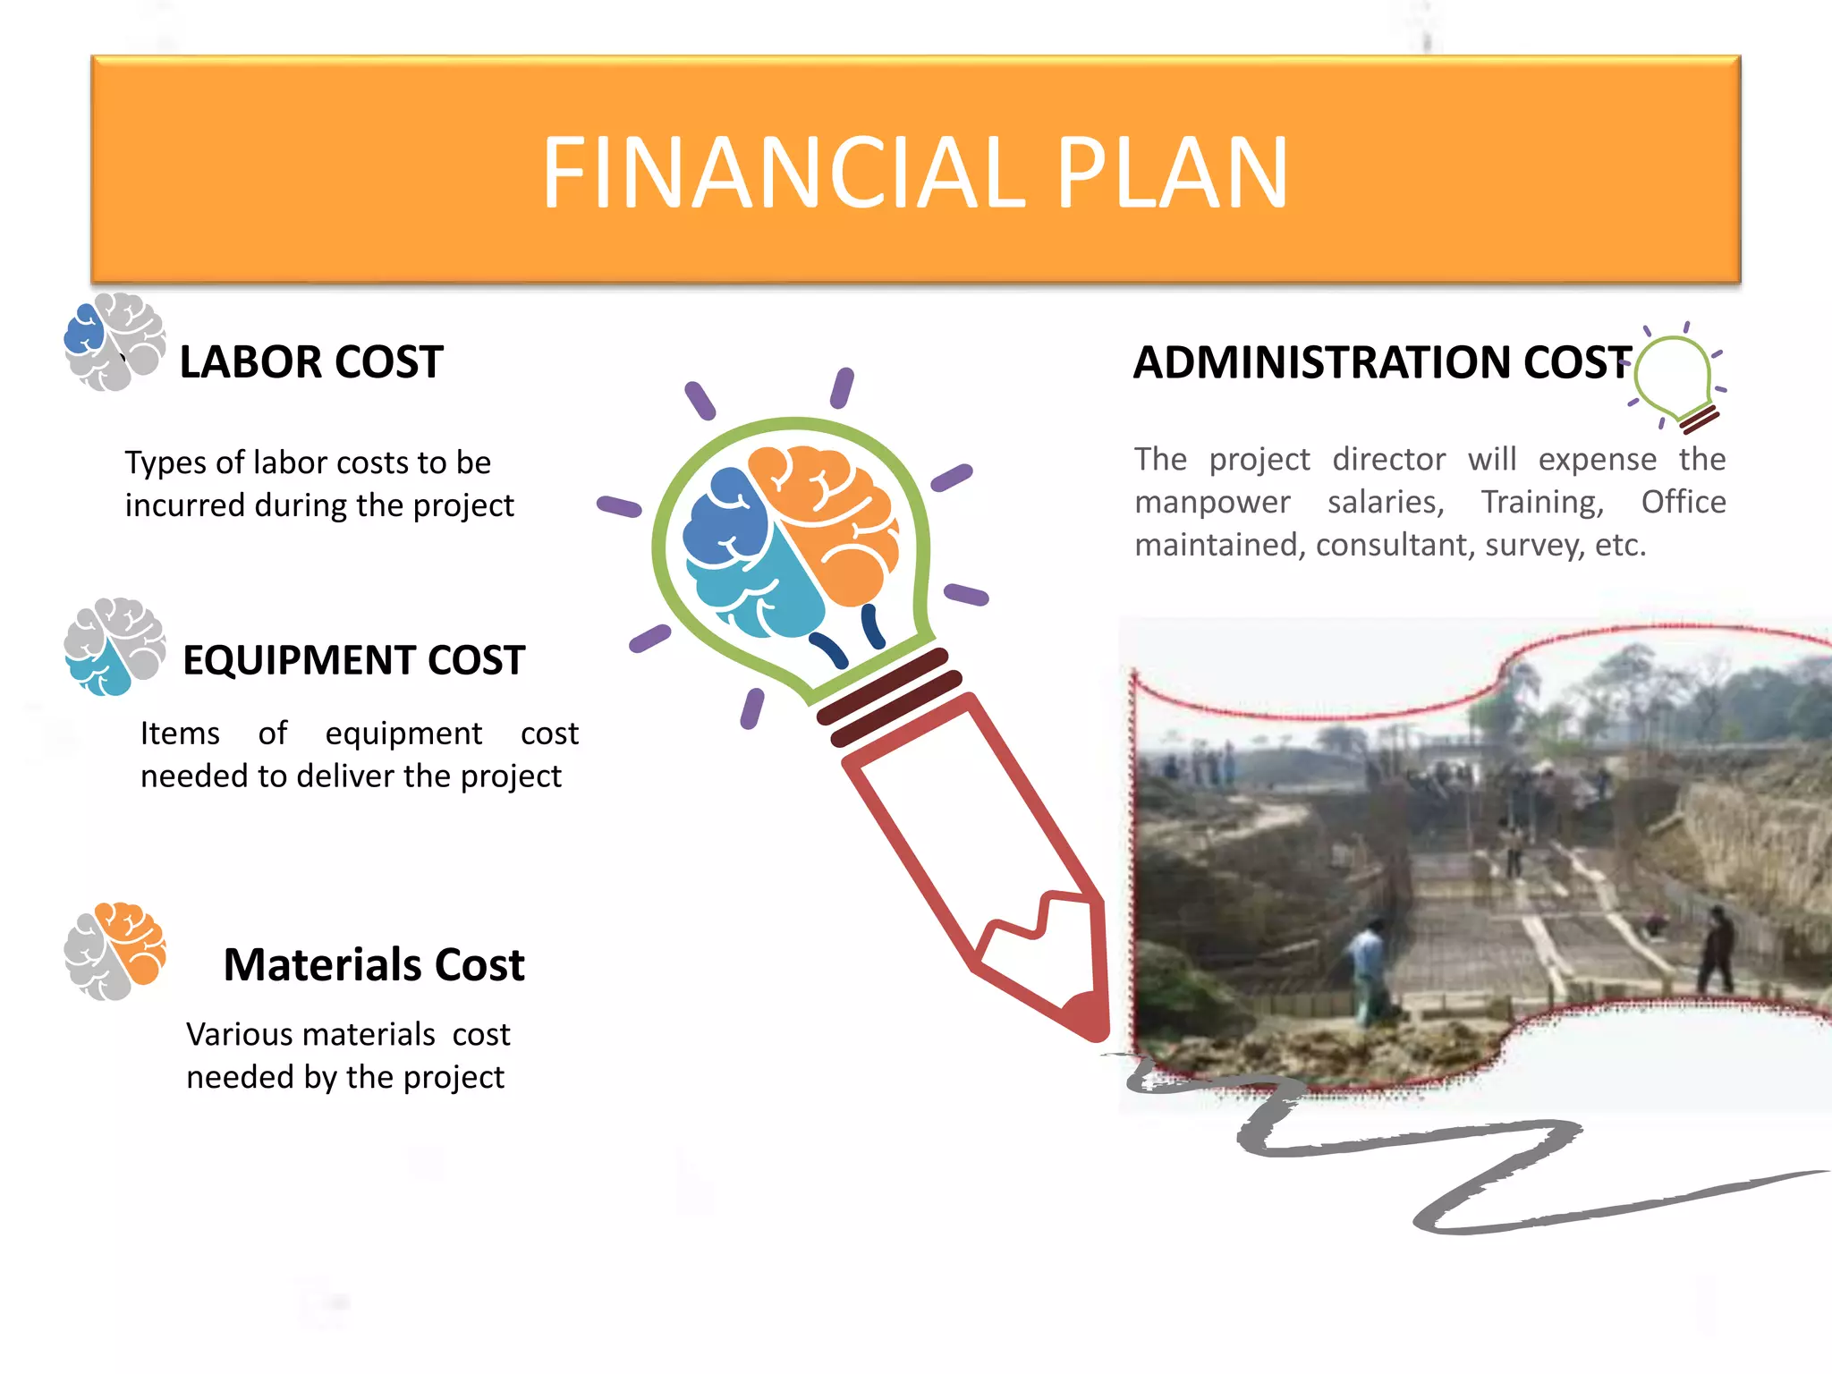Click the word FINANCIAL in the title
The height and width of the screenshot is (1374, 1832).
click(x=784, y=174)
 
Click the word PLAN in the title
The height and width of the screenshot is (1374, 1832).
click(x=1172, y=174)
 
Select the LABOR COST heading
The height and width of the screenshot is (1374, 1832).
click(x=310, y=362)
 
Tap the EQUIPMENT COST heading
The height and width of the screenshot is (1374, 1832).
click(x=353, y=660)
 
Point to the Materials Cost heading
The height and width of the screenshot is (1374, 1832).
click(x=374, y=964)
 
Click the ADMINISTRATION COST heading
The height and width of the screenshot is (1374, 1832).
click(x=1382, y=362)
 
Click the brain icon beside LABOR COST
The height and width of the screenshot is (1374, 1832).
click(x=114, y=342)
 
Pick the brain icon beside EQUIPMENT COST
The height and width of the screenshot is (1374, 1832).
click(x=114, y=646)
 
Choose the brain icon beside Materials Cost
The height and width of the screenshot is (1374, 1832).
click(x=114, y=951)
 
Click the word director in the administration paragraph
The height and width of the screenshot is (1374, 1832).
click(x=1388, y=460)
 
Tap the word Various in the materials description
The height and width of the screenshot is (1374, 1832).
click(x=233, y=1035)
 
